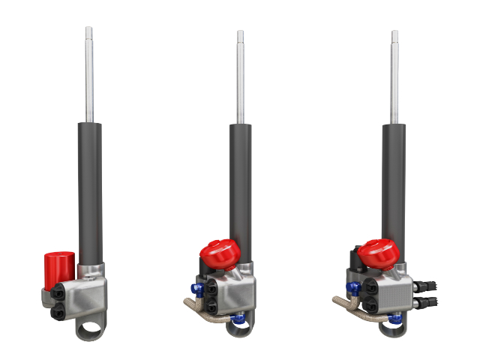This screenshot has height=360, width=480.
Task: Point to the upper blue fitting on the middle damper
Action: (197, 286)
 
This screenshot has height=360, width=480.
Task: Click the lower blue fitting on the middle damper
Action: (238, 320)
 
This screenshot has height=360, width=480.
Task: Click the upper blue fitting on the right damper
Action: (350, 287)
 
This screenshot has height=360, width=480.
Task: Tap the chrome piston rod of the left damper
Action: (89, 75)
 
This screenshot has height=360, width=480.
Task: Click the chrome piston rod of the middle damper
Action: (241, 75)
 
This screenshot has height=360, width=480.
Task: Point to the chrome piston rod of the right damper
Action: (394, 75)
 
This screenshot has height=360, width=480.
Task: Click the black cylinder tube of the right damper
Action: (394, 187)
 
